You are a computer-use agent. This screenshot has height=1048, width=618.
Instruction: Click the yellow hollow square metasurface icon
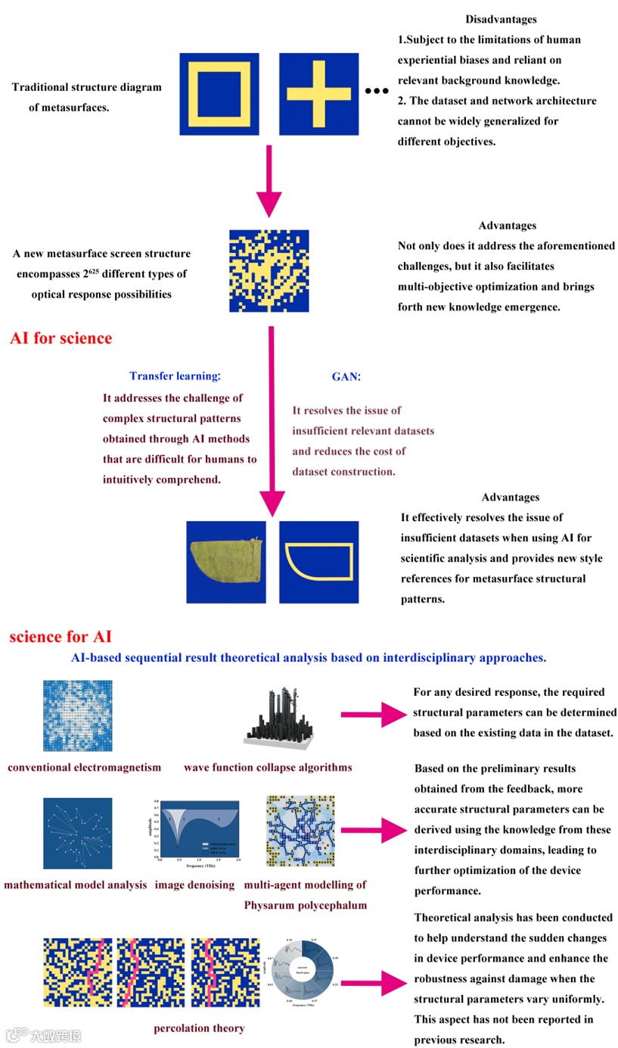point(219,94)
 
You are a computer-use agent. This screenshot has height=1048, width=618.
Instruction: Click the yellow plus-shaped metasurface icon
point(319,94)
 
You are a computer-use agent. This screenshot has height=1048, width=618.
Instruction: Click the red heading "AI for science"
point(61,338)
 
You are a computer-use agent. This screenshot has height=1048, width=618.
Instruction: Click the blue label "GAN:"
point(347,376)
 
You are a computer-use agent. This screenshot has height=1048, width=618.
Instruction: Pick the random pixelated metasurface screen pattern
point(269,271)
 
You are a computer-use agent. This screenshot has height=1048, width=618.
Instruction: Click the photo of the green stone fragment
point(225,562)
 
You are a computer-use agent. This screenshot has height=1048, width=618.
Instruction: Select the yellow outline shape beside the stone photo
point(318,562)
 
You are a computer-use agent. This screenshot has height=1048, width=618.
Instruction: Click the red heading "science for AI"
point(61,637)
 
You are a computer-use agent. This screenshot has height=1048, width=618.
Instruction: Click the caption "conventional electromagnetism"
point(85,767)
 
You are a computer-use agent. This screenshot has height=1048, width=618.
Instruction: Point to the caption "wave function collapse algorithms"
point(268,767)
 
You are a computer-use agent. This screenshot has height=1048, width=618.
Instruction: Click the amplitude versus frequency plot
point(198,831)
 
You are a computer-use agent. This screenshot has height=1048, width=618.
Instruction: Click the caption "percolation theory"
point(199,1028)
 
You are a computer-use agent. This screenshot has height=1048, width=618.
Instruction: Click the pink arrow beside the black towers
point(372,714)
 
